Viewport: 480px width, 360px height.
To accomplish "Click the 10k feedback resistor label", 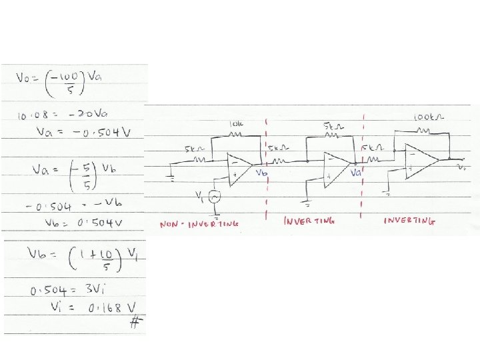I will pyautogui.click(x=237, y=124).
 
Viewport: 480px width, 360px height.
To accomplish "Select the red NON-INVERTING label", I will pyautogui.click(x=199, y=225).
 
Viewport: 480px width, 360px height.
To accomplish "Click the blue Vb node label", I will pyautogui.click(x=261, y=172).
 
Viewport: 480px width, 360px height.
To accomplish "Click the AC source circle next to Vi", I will pyautogui.click(x=215, y=196).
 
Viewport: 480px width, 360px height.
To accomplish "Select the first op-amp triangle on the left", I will pyautogui.click(x=238, y=169).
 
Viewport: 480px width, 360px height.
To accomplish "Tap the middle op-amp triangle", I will pyautogui.click(x=335, y=169).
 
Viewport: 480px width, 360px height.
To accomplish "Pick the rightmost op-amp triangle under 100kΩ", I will pyautogui.click(x=423, y=159).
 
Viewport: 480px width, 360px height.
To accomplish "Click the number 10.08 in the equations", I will pyautogui.click(x=31, y=117).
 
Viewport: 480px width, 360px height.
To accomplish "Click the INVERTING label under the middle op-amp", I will pyautogui.click(x=309, y=220).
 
